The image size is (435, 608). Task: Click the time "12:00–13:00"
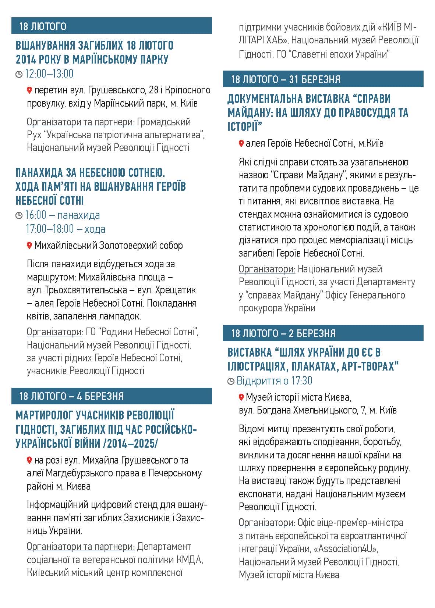[49, 74]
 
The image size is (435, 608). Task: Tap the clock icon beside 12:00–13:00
[19, 75]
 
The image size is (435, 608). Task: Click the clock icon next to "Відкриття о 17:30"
[231, 382]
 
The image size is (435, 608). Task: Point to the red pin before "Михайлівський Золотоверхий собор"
[29, 245]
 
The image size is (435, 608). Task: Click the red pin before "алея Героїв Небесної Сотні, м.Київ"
[241, 143]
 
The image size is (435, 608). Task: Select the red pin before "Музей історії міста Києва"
[241, 397]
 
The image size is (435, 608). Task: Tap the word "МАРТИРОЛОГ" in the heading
[44, 415]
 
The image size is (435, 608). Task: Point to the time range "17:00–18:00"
[50, 229]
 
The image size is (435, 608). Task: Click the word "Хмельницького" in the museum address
[324, 410]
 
